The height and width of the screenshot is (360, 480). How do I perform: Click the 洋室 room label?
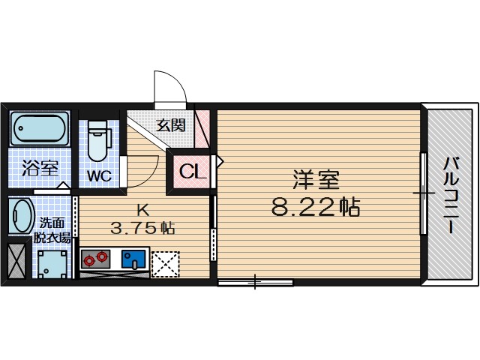(316, 180)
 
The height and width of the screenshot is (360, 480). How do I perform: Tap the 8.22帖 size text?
(316, 206)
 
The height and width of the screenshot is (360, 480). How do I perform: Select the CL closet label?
(193, 172)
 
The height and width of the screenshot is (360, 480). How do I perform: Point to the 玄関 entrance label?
(170, 125)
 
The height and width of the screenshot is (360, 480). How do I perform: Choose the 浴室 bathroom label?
(40, 166)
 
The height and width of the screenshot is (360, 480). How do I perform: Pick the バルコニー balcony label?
(450, 195)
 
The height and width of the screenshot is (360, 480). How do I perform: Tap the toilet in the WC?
(98, 142)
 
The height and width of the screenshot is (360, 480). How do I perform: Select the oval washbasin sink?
(22, 216)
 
